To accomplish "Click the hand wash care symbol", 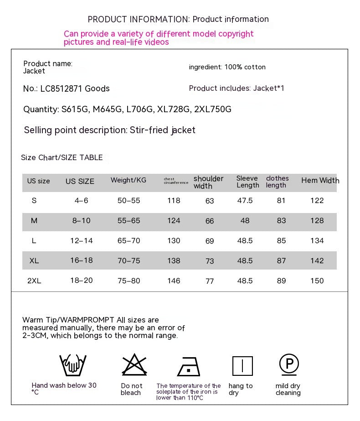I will tap(73, 365).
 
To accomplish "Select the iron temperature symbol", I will tap(189, 366).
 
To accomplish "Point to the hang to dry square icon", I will tap(242, 366).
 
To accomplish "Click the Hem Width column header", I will tap(320, 181).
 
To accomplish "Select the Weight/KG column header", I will tap(129, 181).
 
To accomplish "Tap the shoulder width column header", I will tap(208, 182).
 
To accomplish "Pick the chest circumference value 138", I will tap(174, 261).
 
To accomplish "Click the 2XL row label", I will tap(34, 281).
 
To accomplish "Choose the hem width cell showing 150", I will tap(317, 281).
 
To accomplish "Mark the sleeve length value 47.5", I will tap(245, 201).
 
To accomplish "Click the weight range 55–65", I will tap(129, 221).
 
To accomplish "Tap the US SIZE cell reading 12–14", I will tap(81, 241).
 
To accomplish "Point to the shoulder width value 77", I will tap(210, 281).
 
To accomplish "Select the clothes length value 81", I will tap(281, 201).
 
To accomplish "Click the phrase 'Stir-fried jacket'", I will tap(163, 130).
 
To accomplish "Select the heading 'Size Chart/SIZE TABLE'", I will tap(62, 158).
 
